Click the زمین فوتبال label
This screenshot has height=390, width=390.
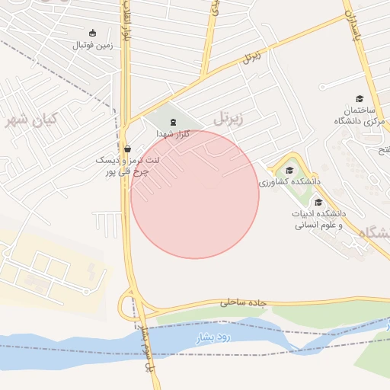tap(93, 45)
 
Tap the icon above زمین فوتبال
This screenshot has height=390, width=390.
tap(93, 33)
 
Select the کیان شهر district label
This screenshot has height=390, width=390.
tap(32, 120)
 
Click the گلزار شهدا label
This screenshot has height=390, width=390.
tap(173, 133)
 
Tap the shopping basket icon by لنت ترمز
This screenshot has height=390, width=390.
tap(126, 149)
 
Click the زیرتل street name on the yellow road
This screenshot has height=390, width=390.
tap(252, 57)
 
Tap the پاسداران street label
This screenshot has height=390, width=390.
tap(351, 27)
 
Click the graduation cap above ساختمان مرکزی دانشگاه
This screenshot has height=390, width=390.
tap(360, 98)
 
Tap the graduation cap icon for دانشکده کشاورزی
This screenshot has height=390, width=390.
tap(289, 170)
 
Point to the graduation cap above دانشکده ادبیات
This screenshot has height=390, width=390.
tap(318, 202)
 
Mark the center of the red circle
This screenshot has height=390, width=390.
tap(195, 194)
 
